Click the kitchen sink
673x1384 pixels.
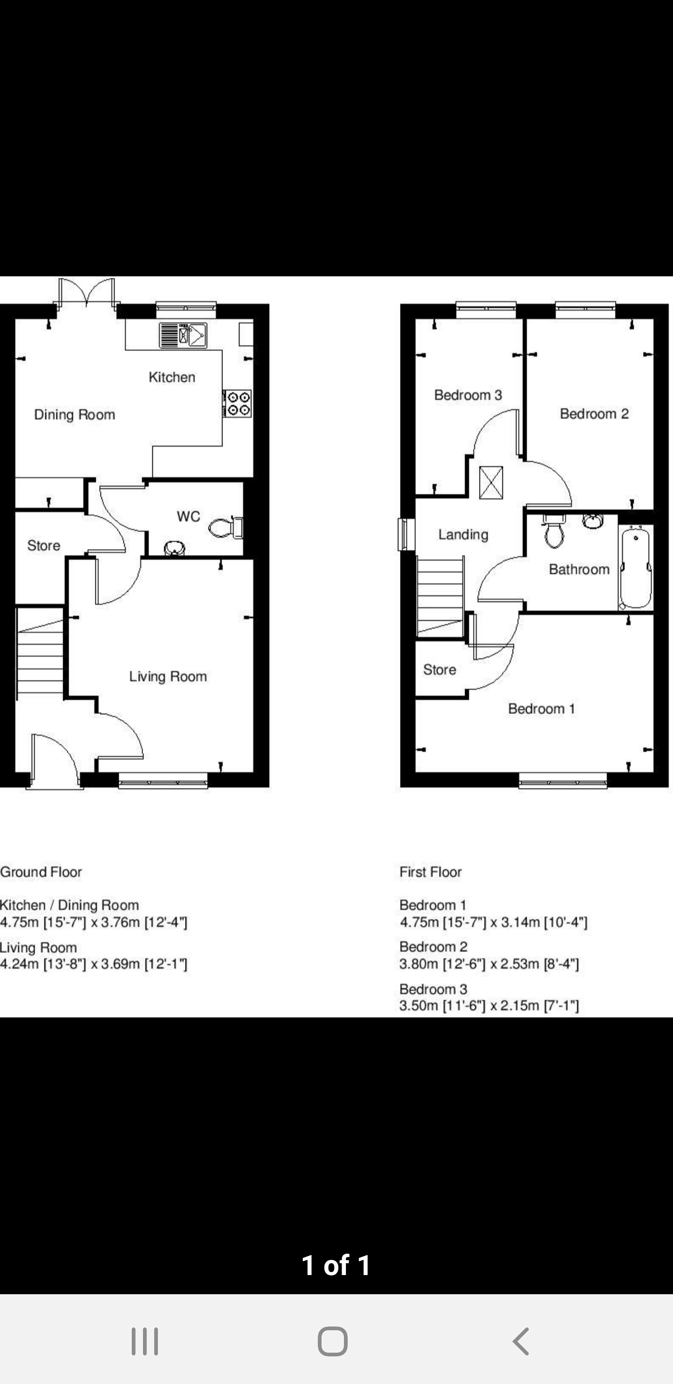(x=183, y=335)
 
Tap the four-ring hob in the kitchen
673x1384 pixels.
(x=237, y=404)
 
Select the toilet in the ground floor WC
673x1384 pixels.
(x=226, y=527)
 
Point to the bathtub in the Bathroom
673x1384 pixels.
(x=636, y=566)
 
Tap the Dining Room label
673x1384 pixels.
(x=75, y=415)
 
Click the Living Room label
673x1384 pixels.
(x=168, y=677)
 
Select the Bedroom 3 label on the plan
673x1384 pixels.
(x=468, y=395)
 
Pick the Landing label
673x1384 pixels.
(x=463, y=534)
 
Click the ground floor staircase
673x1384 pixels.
(x=40, y=653)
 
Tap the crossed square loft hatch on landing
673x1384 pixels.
(x=491, y=483)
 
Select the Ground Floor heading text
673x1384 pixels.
(x=41, y=872)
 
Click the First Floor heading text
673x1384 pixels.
(x=430, y=872)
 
